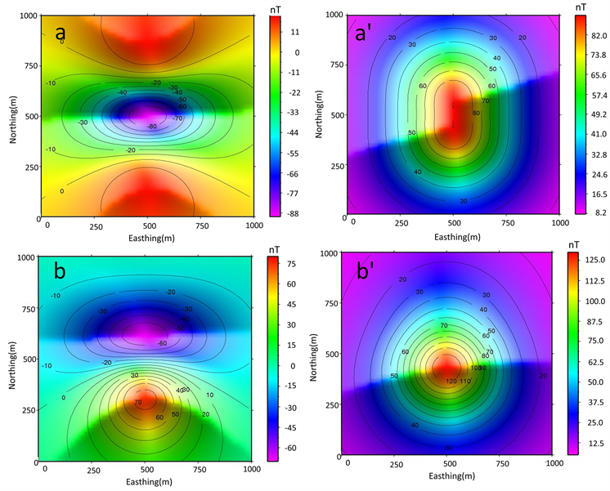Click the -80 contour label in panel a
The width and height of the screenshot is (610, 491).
151,127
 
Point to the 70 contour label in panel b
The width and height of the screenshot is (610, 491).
137,403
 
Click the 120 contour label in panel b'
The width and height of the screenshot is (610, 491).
451,382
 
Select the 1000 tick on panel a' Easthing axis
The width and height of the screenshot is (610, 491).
559,222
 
